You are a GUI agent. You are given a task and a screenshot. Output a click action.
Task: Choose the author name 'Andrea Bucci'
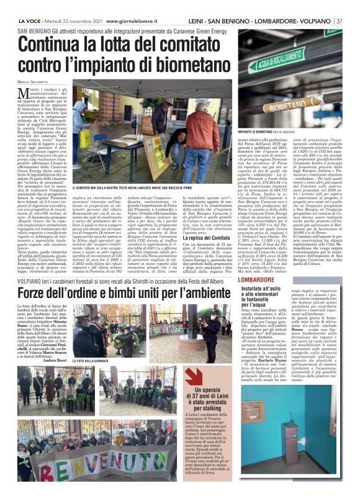click(58, 359)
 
